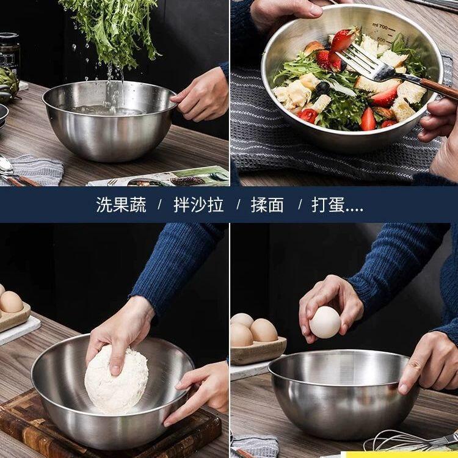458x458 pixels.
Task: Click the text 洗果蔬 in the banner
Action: pos(121,205)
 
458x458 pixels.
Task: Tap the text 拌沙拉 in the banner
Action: pos(198,205)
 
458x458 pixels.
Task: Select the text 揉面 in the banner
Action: pos(267,205)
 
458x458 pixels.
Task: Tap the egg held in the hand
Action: pos(325,322)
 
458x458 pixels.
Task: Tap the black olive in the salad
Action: pos(322,88)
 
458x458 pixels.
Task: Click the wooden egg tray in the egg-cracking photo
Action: pos(258,351)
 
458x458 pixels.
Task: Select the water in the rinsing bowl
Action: pos(107,110)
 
